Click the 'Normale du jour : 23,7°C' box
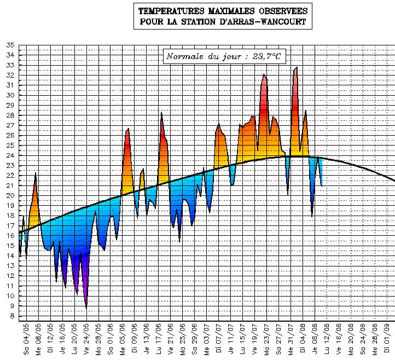pos(224,56)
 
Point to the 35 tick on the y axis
pos(10,45)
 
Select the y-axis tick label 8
pos(12,316)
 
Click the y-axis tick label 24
pos(10,155)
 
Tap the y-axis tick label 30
pos(10,95)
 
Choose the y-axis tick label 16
pos(10,236)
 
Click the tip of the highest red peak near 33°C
pos(297,67)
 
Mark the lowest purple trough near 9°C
pos(86,308)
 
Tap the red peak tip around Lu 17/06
pos(161,113)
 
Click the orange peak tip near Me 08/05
pos(36,173)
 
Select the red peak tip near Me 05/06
pos(128,129)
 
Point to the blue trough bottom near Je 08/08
pos(312,216)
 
